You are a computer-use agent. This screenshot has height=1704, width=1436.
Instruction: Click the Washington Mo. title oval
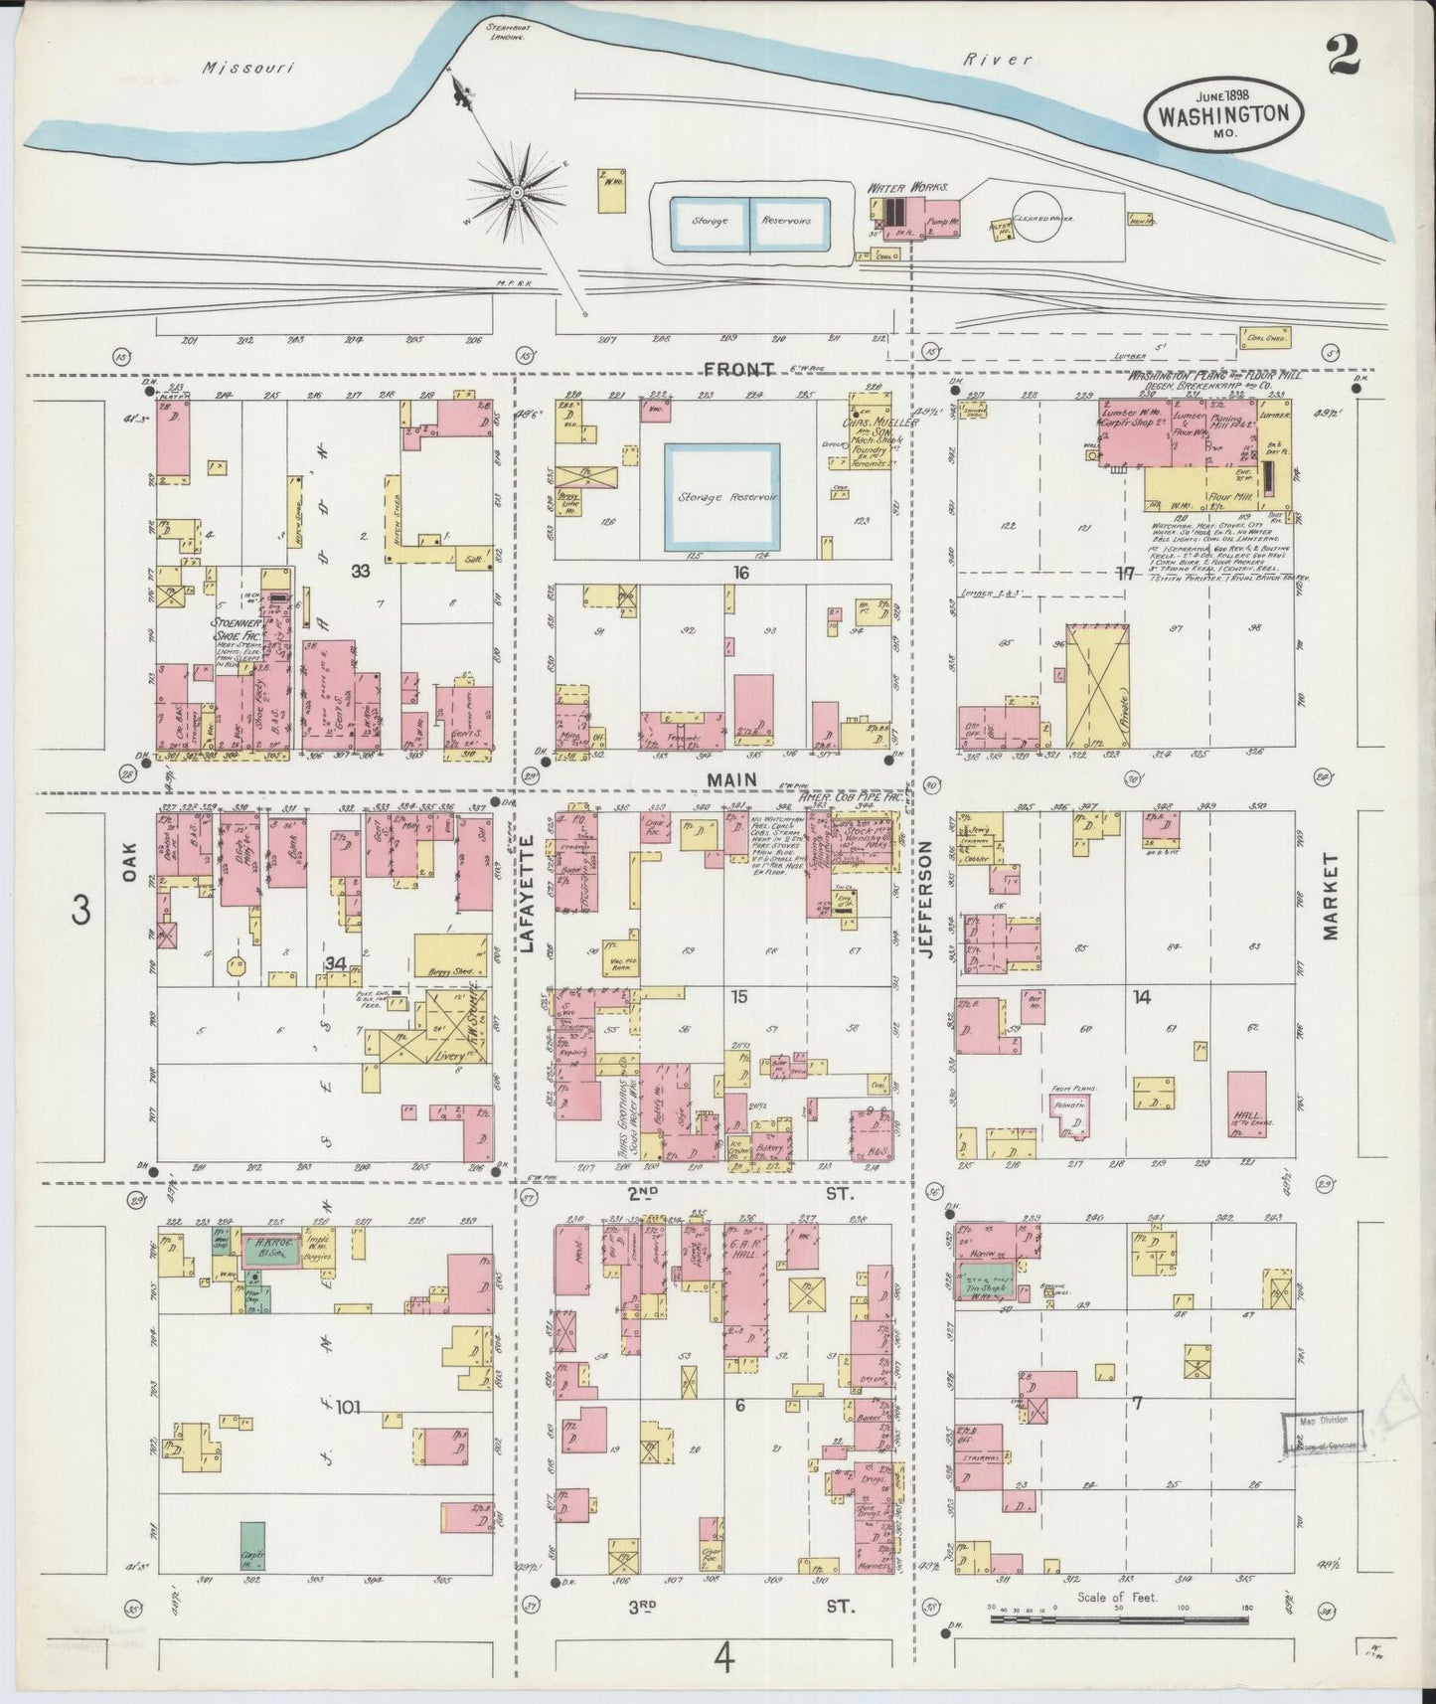1222,112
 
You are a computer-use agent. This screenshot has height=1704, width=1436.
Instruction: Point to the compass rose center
518,191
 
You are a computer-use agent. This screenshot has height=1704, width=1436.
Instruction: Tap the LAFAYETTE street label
527,894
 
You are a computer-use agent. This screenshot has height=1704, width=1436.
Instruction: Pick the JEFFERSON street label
926,900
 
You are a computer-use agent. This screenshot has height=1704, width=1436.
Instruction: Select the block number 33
360,572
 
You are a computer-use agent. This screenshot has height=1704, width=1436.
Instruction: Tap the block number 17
1125,574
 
